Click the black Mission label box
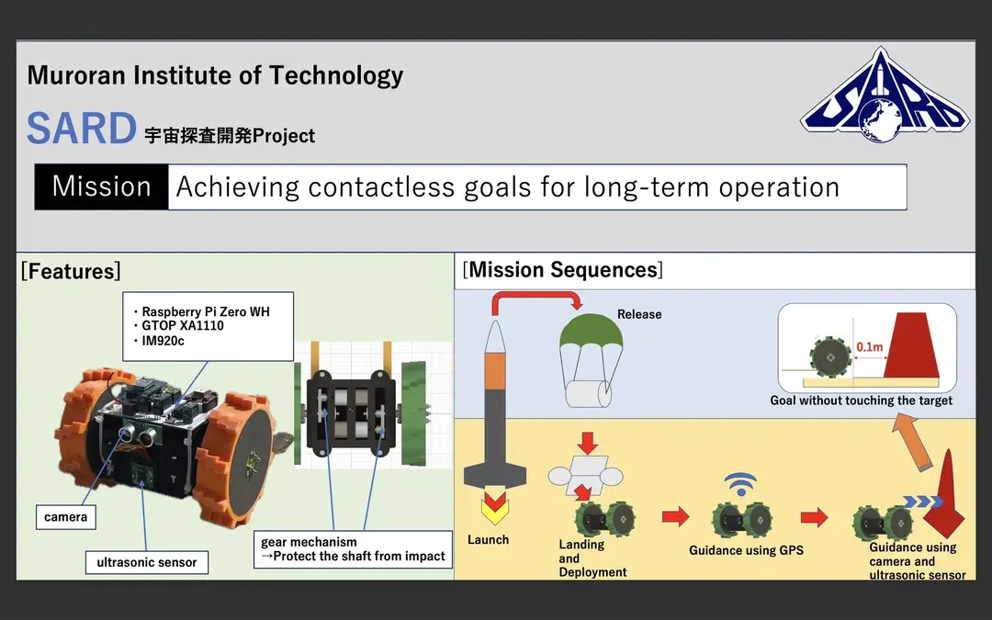point(101,186)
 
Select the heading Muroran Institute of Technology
point(215,75)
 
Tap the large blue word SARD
point(81,129)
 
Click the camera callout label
point(66,517)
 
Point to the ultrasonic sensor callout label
point(147,562)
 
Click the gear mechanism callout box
point(354,549)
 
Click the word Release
point(639,314)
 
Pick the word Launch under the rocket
point(488,539)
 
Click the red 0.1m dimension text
point(869,347)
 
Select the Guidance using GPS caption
point(746,550)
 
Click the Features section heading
point(71,271)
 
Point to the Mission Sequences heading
point(563,270)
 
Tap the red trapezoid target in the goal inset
point(911,344)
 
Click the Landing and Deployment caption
point(592,558)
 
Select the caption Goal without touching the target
point(861,400)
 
